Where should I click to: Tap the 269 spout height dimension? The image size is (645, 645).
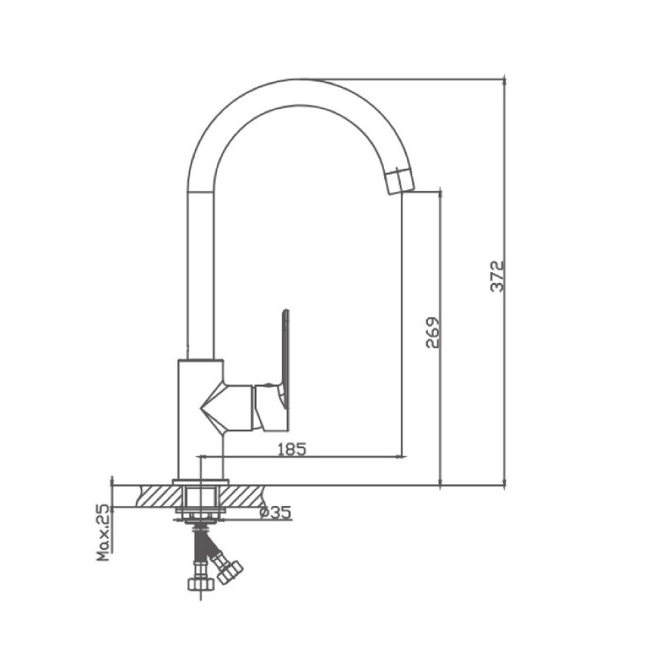[x=433, y=333]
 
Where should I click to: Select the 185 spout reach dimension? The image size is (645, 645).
[x=292, y=449]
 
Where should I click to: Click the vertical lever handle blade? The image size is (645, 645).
[x=286, y=359]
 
